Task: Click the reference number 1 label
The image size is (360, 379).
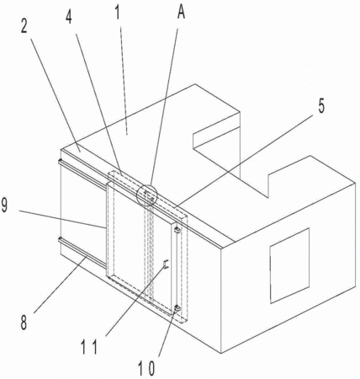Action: tap(118, 12)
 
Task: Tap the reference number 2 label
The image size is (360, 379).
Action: tap(24, 26)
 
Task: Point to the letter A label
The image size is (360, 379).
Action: tap(182, 12)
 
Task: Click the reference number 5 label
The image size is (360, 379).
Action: tap(321, 106)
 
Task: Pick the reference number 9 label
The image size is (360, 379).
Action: tap(4, 206)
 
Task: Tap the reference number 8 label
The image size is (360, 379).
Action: tap(24, 323)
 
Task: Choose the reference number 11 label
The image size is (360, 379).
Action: tap(90, 347)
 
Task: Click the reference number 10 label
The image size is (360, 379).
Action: tap(146, 369)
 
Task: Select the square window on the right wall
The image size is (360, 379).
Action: tap(290, 265)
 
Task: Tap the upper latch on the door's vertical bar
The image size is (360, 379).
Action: tap(177, 230)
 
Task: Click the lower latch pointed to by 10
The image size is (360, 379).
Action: tap(177, 308)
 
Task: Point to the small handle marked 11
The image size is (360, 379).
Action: tap(166, 264)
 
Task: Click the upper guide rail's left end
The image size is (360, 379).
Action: tap(60, 161)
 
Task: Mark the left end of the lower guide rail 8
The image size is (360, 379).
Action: tap(60, 239)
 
